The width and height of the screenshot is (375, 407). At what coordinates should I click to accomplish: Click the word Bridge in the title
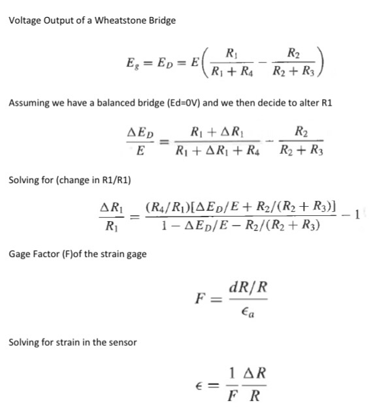[x=162, y=20]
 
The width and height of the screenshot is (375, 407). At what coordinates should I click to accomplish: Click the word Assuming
[x=27, y=103]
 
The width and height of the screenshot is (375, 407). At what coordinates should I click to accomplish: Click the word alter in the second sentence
[x=296, y=103]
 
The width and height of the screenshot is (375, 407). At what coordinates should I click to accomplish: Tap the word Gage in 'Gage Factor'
[x=20, y=254]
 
